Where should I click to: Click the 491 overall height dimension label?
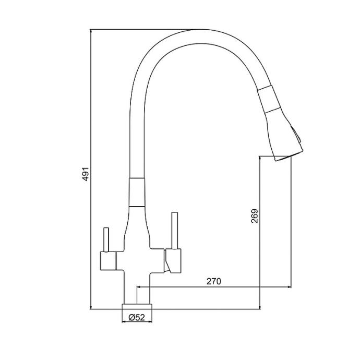86,174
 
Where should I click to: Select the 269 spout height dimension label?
255,216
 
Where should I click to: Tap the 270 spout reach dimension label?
213,281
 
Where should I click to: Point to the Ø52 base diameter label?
137,318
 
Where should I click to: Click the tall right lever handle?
174,231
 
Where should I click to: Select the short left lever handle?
106,239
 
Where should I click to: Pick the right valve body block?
173,261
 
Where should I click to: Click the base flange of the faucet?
137,307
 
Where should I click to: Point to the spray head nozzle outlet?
284,158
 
